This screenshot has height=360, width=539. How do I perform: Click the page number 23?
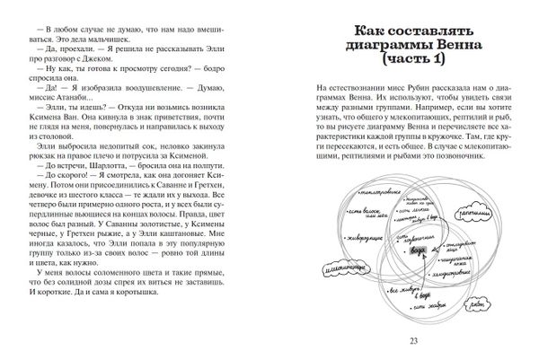[x=413, y=338]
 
